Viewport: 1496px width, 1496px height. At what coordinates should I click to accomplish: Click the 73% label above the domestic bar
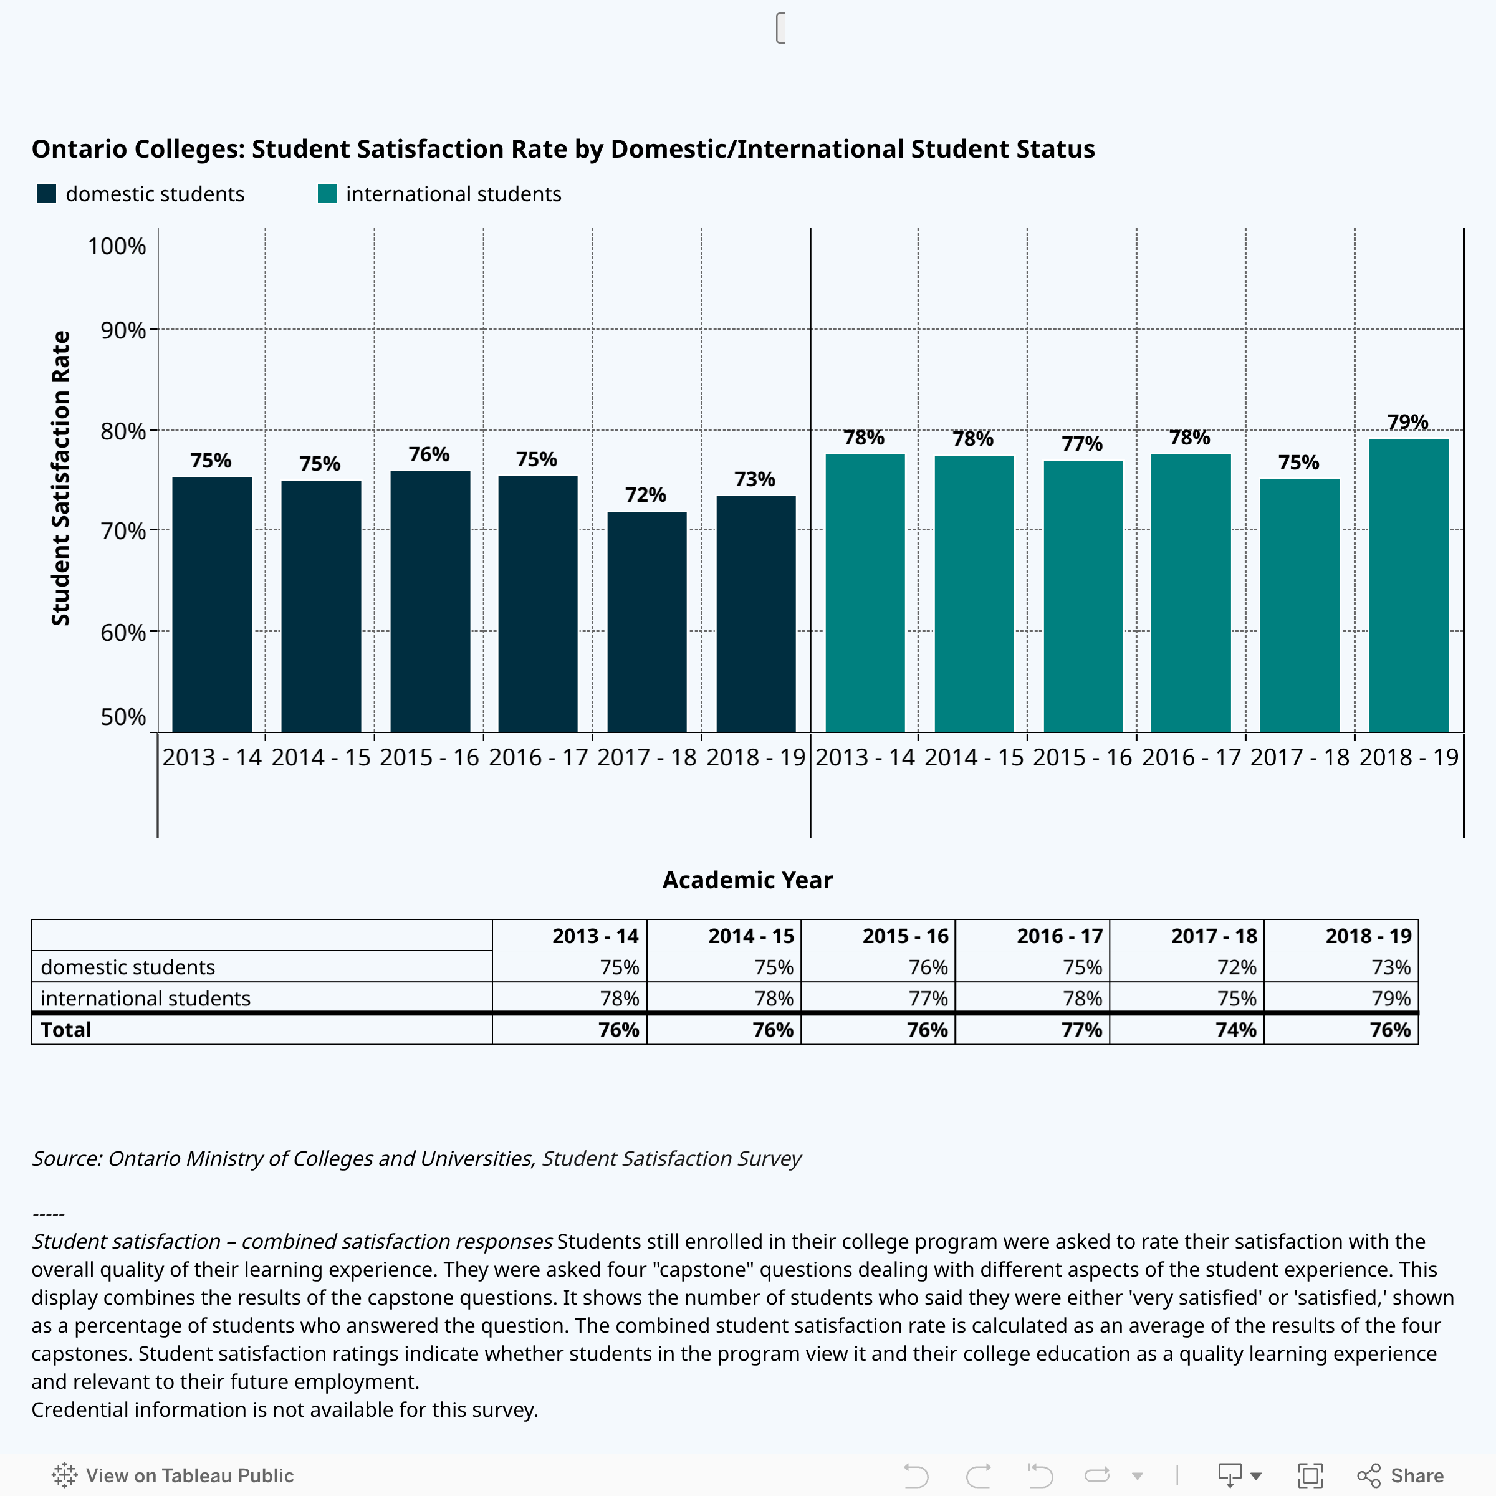point(755,479)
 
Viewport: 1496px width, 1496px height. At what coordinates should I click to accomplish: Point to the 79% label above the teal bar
point(1407,422)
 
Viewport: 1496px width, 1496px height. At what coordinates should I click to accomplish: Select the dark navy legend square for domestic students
point(47,194)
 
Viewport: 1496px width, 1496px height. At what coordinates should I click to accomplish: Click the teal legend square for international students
point(327,194)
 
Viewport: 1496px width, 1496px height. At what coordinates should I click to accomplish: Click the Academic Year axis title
point(747,880)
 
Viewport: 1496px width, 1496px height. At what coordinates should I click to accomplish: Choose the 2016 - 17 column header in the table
point(1058,936)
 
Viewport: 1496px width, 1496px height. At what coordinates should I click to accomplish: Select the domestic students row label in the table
point(128,967)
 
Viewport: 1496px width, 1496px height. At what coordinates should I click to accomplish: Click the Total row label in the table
point(66,1030)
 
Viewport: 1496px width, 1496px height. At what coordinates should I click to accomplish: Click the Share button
point(1401,1475)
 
